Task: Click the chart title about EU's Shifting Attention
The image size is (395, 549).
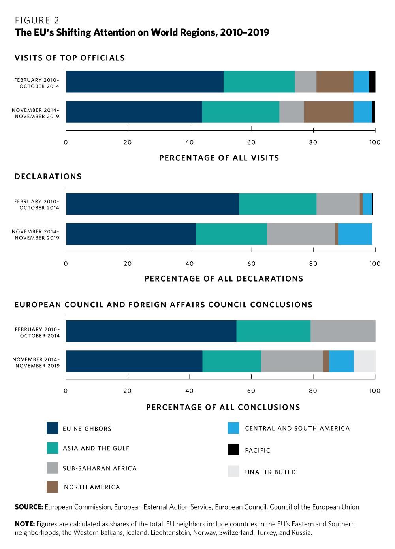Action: point(142,32)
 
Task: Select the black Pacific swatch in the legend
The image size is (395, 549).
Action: point(233,450)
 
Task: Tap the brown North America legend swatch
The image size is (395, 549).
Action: point(52,487)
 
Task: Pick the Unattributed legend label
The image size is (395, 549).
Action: point(270,472)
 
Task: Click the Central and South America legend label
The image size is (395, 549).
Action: point(297,428)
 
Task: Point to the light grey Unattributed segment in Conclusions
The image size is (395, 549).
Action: point(364,361)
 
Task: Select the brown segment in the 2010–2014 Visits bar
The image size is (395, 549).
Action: point(335,82)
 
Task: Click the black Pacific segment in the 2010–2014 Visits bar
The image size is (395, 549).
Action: point(372,82)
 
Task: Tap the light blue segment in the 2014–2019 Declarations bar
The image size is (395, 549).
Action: point(355,234)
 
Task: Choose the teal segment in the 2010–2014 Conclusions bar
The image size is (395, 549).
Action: point(273,331)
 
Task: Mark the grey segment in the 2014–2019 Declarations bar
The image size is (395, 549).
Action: point(301,234)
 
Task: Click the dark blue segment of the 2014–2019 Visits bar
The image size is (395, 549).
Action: point(134,112)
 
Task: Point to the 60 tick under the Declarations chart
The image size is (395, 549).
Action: point(251,263)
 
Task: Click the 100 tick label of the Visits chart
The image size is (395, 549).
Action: point(374,142)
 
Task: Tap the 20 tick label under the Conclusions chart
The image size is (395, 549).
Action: point(127,391)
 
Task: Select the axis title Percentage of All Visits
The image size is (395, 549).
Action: point(219,158)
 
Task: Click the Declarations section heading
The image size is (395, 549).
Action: point(48,177)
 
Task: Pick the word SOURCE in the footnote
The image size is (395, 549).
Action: point(29,507)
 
